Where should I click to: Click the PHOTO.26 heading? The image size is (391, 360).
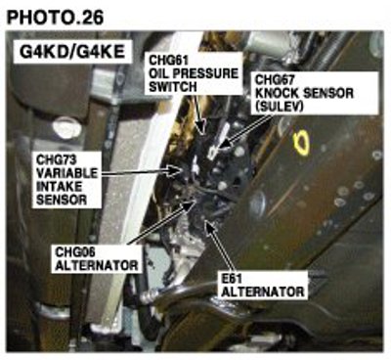click(55, 18)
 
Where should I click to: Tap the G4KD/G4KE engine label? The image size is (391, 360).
click(72, 52)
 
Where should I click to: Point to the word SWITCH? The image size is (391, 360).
click(173, 87)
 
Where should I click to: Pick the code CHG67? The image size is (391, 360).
click(275, 80)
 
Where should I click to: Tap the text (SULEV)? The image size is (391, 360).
click(279, 107)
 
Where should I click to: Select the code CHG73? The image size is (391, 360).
click(57, 160)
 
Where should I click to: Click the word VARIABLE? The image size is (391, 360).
click(66, 173)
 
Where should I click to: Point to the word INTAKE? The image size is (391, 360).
click(60, 187)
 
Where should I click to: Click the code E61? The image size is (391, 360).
click(232, 279)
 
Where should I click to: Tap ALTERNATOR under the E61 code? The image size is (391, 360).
click(263, 292)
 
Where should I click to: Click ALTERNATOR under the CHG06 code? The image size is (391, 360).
click(97, 265)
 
